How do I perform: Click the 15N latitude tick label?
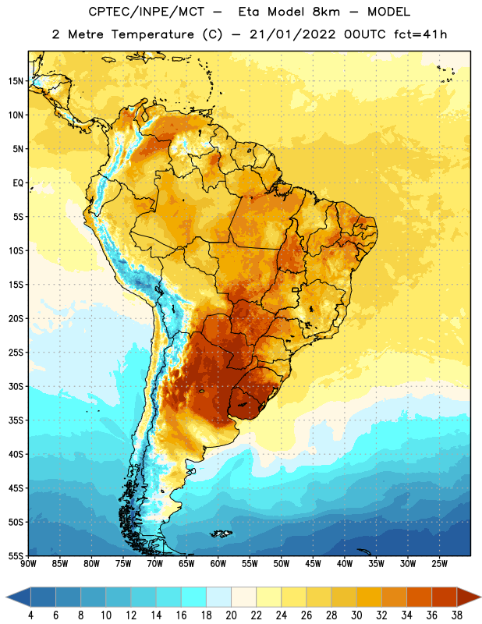coord(16,81)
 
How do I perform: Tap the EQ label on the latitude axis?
coord(18,183)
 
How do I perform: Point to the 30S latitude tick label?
coord(16,387)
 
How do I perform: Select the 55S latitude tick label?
coord(16,556)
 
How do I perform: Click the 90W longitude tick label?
coord(28,564)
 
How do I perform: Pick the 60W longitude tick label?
coord(218,564)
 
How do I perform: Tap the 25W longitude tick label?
coord(439,564)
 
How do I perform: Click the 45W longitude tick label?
coord(313,564)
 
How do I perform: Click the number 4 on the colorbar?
coord(30,615)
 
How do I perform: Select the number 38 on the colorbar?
coord(457,615)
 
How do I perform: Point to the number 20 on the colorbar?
coord(231,615)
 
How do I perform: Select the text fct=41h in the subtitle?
coord(420,34)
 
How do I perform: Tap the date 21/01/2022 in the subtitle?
coord(292,34)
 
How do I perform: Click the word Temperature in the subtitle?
coord(152,34)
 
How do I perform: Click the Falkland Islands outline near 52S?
coord(222,534)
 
